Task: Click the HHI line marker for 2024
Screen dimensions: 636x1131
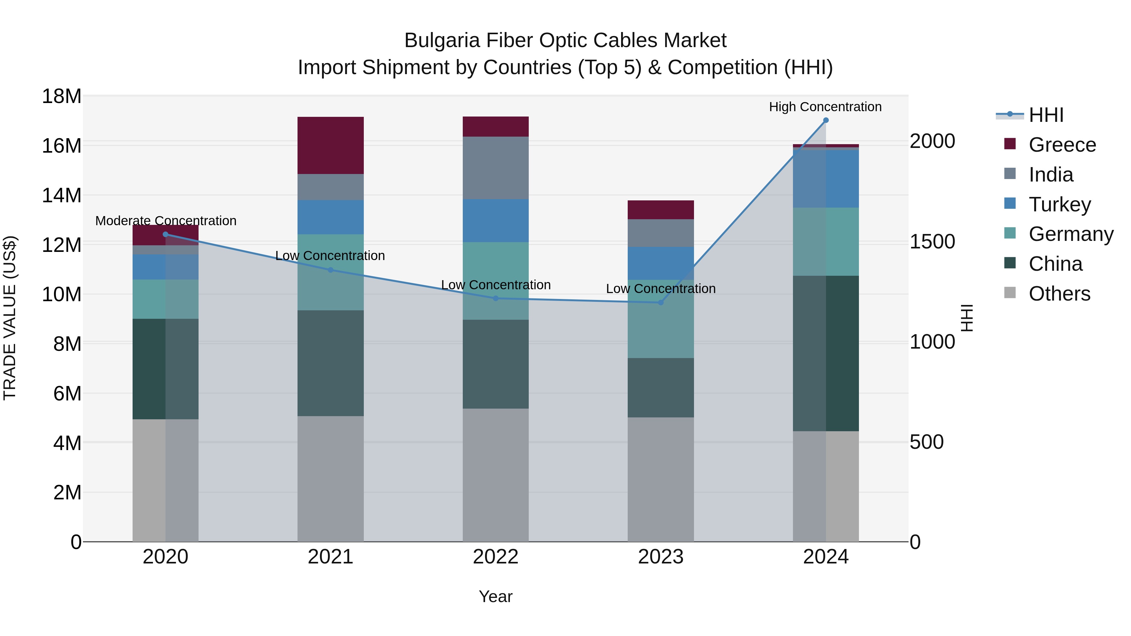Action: (825, 120)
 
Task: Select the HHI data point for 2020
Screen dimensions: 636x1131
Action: (166, 234)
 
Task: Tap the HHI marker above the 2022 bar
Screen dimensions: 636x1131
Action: (496, 298)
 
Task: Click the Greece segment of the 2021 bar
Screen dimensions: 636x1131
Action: (331, 145)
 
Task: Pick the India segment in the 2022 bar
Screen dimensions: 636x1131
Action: (496, 168)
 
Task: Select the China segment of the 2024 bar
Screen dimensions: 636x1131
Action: (825, 353)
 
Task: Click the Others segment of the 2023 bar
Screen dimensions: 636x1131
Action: (660, 479)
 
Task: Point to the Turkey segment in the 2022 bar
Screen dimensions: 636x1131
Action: (496, 220)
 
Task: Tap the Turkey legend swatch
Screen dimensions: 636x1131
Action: (1010, 204)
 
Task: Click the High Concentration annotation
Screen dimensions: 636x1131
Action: (825, 107)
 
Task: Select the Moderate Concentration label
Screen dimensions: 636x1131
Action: (166, 221)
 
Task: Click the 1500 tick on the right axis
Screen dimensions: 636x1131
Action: (932, 242)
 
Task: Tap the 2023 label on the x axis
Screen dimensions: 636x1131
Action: (660, 557)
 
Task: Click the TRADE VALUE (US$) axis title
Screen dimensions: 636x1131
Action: (10, 318)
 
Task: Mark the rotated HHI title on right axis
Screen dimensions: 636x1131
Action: (967, 318)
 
